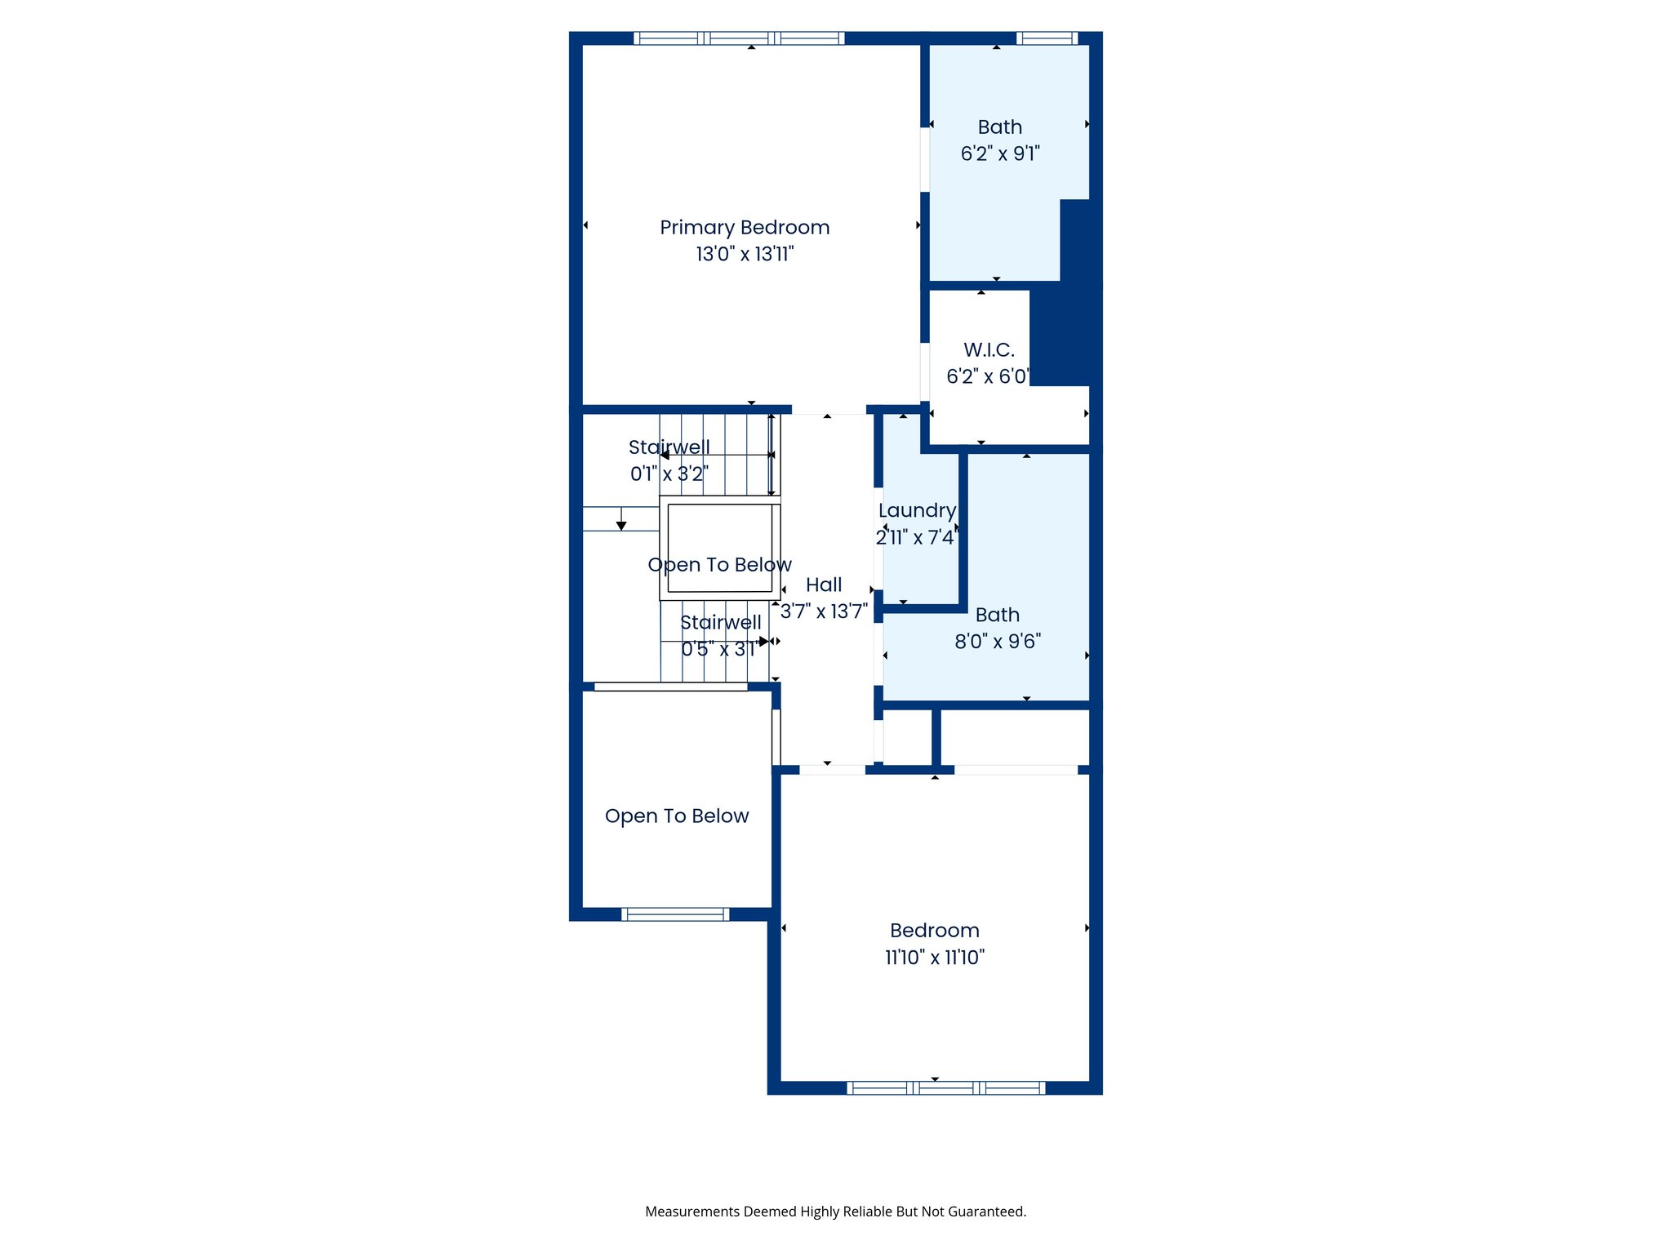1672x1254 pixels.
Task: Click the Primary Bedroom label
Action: point(745,228)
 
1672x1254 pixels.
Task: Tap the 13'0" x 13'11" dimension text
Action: point(745,254)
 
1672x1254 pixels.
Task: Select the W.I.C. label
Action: point(989,350)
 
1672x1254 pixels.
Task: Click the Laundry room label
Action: point(917,511)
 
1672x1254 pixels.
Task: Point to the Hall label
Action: point(823,585)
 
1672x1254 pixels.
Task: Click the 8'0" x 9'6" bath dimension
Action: point(998,642)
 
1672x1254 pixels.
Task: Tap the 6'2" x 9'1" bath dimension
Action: point(999,153)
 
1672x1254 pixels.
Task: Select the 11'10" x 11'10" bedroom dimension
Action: point(935,958)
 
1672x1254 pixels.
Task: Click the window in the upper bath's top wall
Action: point(1047,38)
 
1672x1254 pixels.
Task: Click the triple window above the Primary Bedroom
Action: point(739,38)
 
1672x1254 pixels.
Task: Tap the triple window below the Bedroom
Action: point(945,1087)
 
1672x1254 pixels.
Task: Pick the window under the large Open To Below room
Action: point(675,914)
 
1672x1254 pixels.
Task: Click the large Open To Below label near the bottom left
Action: point(676,816)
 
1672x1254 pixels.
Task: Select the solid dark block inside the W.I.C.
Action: point(1061,335)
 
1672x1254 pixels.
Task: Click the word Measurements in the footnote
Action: point(692,1212)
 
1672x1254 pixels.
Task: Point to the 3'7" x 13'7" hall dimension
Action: point(823,611)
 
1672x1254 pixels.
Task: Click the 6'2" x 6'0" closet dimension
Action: point(988,376)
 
